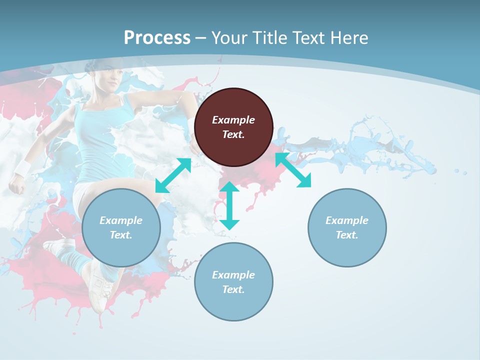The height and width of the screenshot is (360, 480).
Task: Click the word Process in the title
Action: [x=157, y=38]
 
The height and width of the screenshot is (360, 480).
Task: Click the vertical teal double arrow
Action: [x=229, y=206]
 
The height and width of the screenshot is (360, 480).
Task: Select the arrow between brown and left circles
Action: [x=173, y=175]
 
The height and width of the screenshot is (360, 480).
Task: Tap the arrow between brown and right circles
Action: [x=293, y=170]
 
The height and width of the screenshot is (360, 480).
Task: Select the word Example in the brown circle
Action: [x=233, y=120]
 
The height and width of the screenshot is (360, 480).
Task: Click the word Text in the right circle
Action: [x=347, y=235]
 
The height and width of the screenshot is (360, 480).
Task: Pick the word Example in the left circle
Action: [x=121, y=220]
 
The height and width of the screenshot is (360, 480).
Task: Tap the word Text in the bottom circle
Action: [x=233, y=289]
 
